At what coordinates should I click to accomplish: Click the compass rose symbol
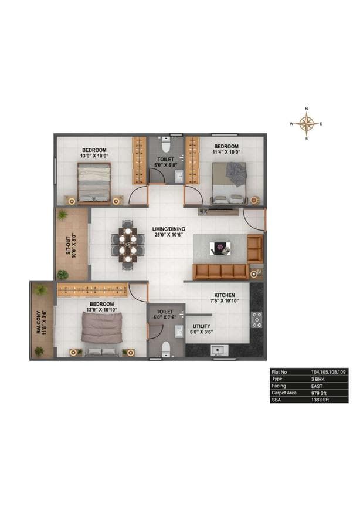point(306,124)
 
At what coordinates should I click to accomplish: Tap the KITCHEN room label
point(225,295)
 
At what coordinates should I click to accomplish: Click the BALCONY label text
point(39,323)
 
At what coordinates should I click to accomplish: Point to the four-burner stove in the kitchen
point(256,319)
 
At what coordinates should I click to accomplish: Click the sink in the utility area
point(219,350)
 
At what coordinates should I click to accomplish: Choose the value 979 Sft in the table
point(320,393)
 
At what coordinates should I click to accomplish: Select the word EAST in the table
point(318,386)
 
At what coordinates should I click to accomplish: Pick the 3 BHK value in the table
point(318,379)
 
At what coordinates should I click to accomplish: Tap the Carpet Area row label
point(284,393)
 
